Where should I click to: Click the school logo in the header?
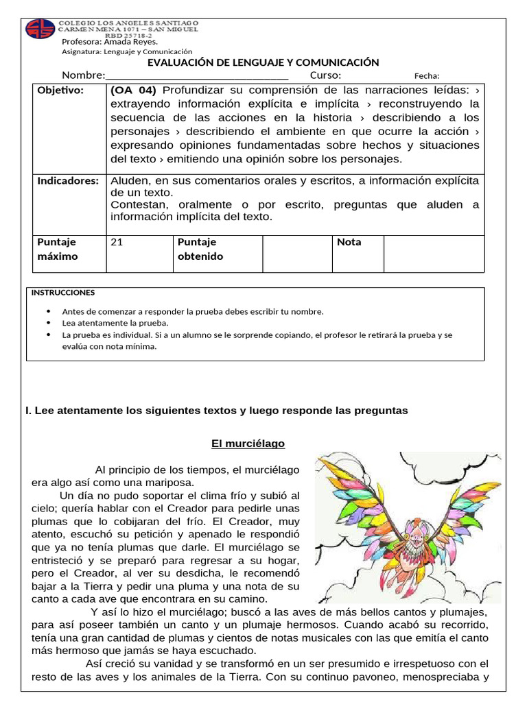tap(40, 29)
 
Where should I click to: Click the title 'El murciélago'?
tap(248, 444)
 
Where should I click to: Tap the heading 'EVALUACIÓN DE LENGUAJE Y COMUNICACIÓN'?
tap(263, 62)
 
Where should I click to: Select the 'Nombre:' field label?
tap(84, 75)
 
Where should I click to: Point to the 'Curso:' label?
tap(325, 75)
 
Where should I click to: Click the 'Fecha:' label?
tap(427, 76)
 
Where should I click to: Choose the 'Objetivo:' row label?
tap(60, 90)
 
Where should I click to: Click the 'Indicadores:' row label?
tap(68, 181)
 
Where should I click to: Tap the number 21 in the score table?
tap(117, 242)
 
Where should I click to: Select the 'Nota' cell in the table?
tap(349, 242)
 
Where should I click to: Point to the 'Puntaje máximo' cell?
tap(58, 249)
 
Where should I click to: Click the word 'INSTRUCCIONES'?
tap(63, 293)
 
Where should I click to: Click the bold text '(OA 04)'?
tap(133, 90)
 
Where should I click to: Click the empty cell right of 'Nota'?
tap(434, 254)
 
